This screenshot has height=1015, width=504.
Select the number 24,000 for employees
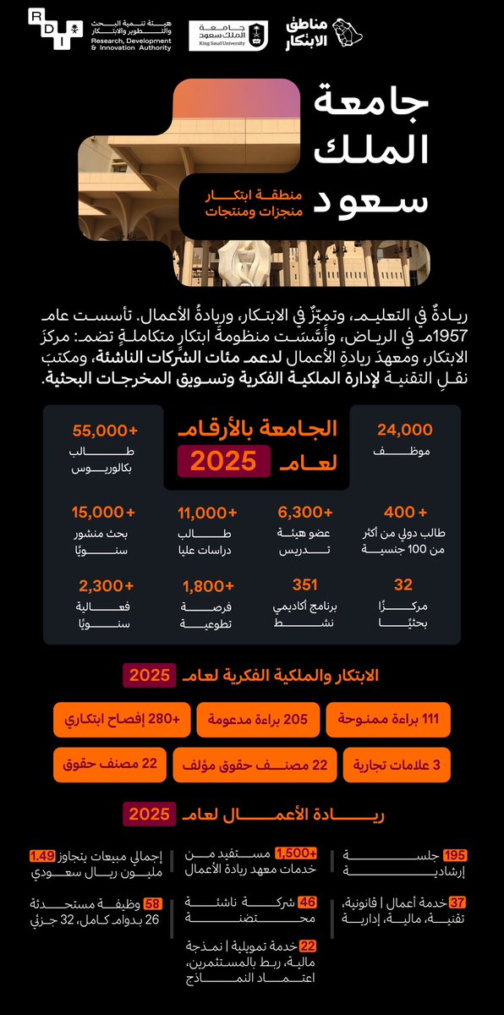[404, 430]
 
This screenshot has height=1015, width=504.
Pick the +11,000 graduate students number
[206, 512]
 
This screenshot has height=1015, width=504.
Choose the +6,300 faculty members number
[305, 512]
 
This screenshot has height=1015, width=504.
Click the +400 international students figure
[404, 512]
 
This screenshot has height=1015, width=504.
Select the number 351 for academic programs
[304, 584]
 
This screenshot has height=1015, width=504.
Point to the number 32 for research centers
[404, 584]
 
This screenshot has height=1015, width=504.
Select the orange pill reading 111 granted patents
[389, 720]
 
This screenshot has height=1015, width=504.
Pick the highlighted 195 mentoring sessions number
[455, 855]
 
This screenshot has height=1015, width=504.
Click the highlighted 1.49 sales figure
[42, 855]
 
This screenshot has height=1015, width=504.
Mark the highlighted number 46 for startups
[308, 903]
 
